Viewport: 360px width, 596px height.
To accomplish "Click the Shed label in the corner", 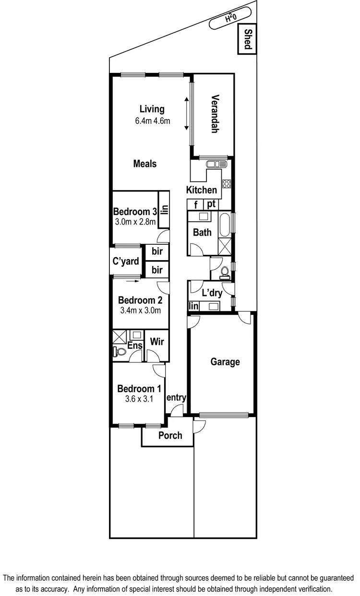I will click(x=248, y=39).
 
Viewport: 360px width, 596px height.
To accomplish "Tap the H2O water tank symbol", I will click(x=231, y=19).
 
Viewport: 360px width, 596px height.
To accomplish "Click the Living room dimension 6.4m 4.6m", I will click(x=152, y=121).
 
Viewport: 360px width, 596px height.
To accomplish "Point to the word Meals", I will click(x=144, y=164).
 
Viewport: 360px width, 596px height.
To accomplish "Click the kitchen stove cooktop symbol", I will click(x=227, y=183).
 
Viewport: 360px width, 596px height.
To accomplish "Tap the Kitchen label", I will click(x=201, y=190).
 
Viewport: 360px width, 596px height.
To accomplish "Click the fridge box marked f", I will click(x=195, y=204).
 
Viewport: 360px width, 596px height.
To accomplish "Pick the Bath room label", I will click(x=202, y=232).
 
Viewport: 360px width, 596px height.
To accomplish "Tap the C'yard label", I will click(x=126, y=262).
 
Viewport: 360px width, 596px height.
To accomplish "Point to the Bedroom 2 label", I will click(x=140, y=300).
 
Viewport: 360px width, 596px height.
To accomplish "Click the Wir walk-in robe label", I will click(x=157, y=342).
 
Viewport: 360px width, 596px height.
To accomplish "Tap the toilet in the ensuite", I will click(x=120, y=353).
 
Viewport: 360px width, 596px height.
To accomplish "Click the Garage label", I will click(x=225, y=362).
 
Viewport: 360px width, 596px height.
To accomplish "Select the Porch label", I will click(x=170, y=435).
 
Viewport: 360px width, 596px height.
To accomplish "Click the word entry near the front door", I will click(x=176, y=397).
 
